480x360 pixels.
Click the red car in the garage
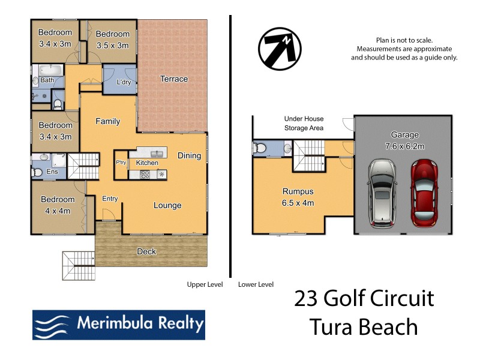click(425, 191)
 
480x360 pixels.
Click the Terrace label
click(173, 79)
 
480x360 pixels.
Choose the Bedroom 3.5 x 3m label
click(112, 39)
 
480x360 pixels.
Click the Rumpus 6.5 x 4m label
click(298, 197)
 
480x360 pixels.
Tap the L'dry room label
click(124, 82)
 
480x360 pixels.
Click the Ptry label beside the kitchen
click(121, 163)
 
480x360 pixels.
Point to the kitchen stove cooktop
click(145, 174)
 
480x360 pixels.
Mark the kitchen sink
click(157, 153)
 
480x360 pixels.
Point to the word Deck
click(146, 251)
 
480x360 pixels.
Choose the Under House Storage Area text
click(304, 123)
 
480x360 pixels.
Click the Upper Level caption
click(205, 285)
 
